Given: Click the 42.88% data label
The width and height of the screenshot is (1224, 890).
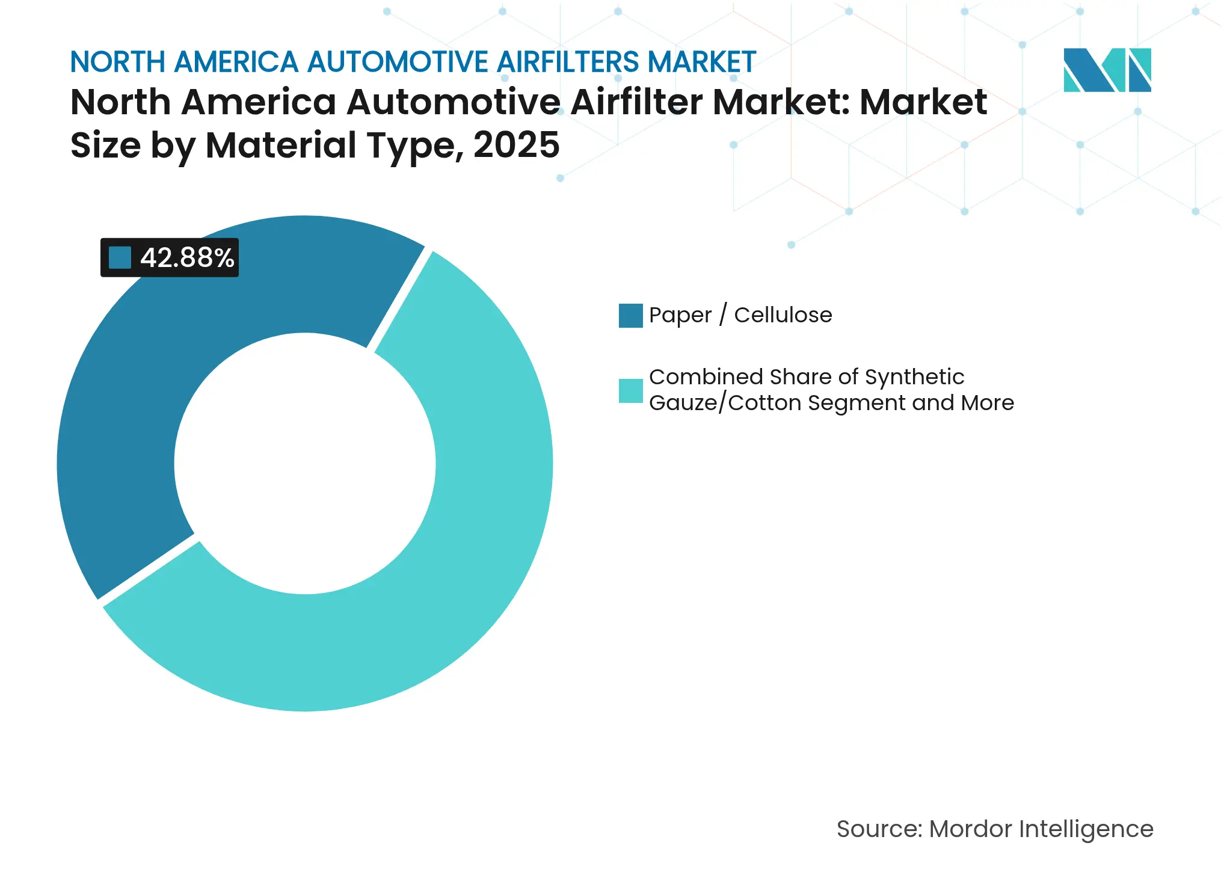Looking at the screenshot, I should (x=186, y=257).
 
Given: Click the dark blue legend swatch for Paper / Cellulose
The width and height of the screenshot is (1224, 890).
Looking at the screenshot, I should (x=630, y=316).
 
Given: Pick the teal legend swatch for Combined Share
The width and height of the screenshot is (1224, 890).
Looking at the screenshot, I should (x=630, y=391).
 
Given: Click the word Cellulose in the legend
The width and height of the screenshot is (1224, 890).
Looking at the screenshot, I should (x=783, y=315).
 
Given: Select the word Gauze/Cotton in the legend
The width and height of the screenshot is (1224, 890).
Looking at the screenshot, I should (x=726, y=403).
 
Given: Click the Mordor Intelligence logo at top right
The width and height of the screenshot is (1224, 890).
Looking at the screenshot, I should (x=1107, y=70).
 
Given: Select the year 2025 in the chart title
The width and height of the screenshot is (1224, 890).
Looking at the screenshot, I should (x=516, y=146).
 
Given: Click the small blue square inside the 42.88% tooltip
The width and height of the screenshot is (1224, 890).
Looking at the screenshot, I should (x=120, y=257).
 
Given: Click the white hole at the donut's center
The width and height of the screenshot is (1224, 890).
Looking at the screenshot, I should (x=305, y=463).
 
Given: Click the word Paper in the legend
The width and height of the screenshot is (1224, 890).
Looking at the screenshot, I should (x=680, y=315).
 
